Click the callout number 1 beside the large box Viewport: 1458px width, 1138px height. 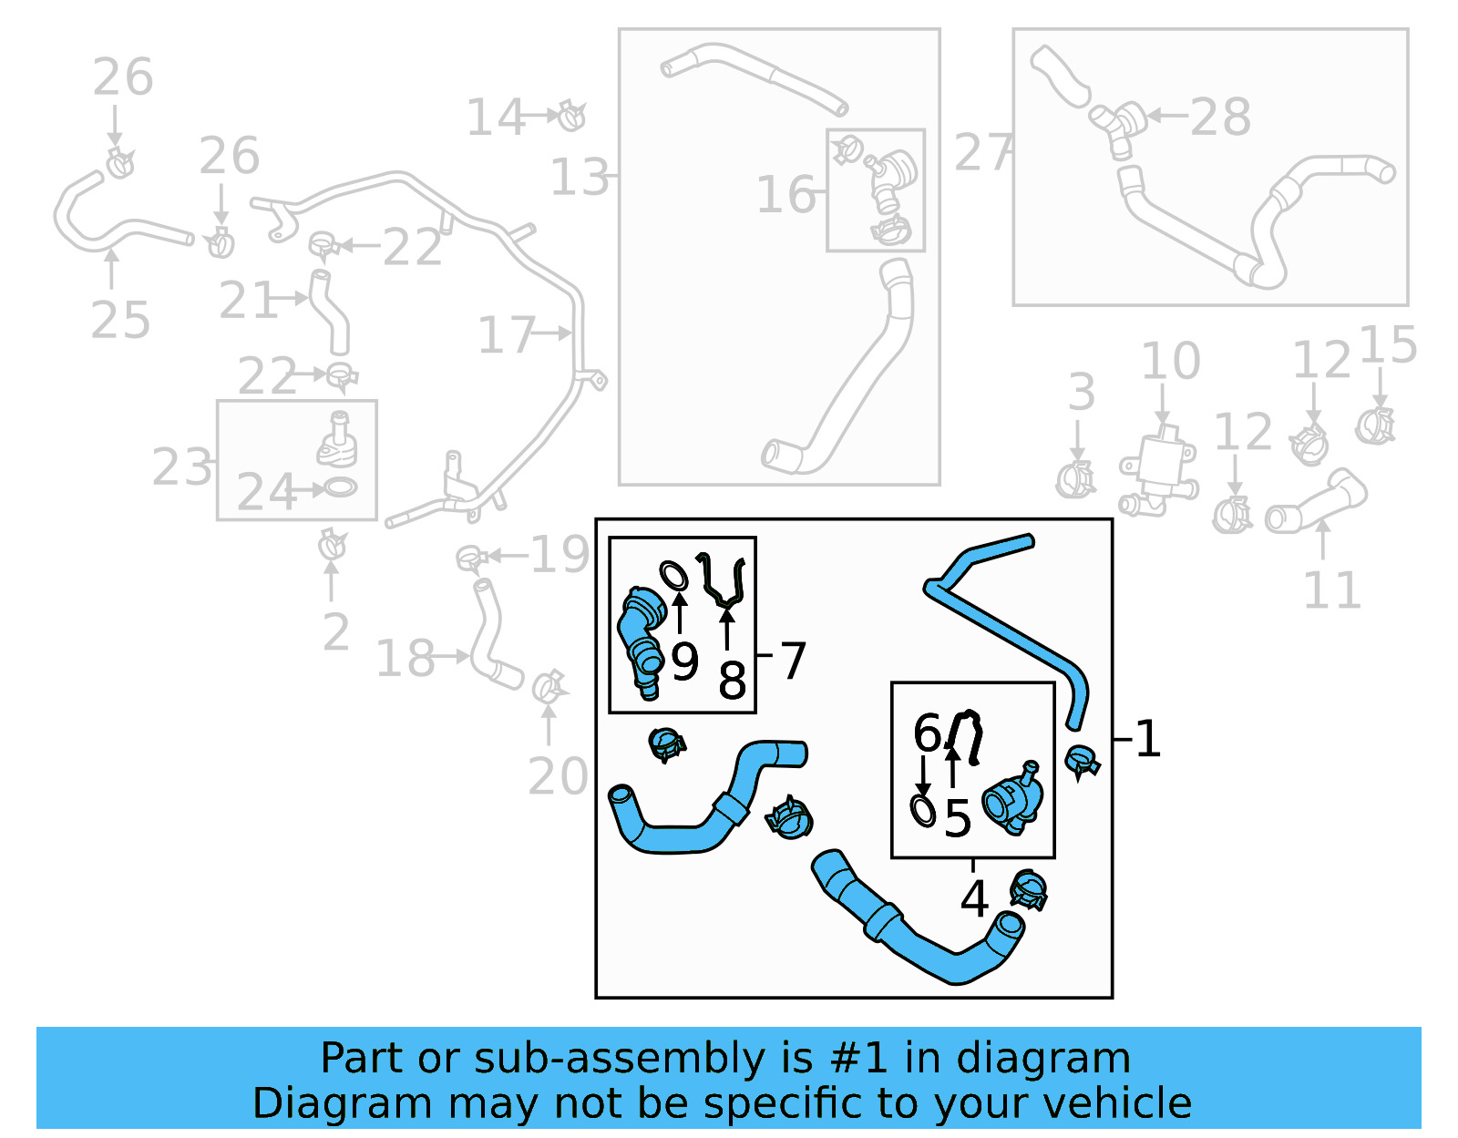pyautogui.click(x=1148, y=738)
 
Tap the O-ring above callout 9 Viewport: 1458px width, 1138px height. pyautogui.click(x=673, y=576)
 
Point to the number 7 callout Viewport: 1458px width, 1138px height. pyautogui.click(x=793, y=661)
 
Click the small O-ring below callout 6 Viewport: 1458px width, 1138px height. pyautogui.click(x=923, y=810)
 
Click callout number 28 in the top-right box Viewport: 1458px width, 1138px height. pyautogui.click(x=1220, y=118)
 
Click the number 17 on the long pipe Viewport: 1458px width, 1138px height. pyautogui.click(x=506, y=335)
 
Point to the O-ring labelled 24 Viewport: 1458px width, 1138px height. pyautogui.click(x=340, y=487)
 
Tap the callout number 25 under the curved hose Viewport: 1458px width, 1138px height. pyautogui.click(x=120, y=321)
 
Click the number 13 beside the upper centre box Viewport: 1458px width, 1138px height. pyautogui.click(x=580, y=178)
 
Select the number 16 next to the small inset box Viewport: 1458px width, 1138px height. pyautogui.click(x=785, y=195)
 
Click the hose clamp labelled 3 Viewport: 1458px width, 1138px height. pyautogui.click(x=1075, y=479)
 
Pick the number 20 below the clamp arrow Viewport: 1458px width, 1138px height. pyautogui.click(x=558, y=776)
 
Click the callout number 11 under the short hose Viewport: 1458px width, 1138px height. pyautogui.click(x=1331, y=590)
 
